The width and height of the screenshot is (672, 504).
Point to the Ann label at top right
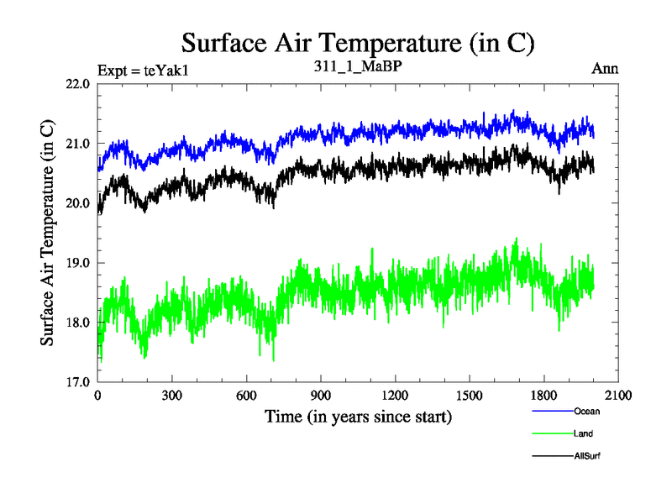tap(605, 69)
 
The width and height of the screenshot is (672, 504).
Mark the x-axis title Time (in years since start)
tap(358, 416)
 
